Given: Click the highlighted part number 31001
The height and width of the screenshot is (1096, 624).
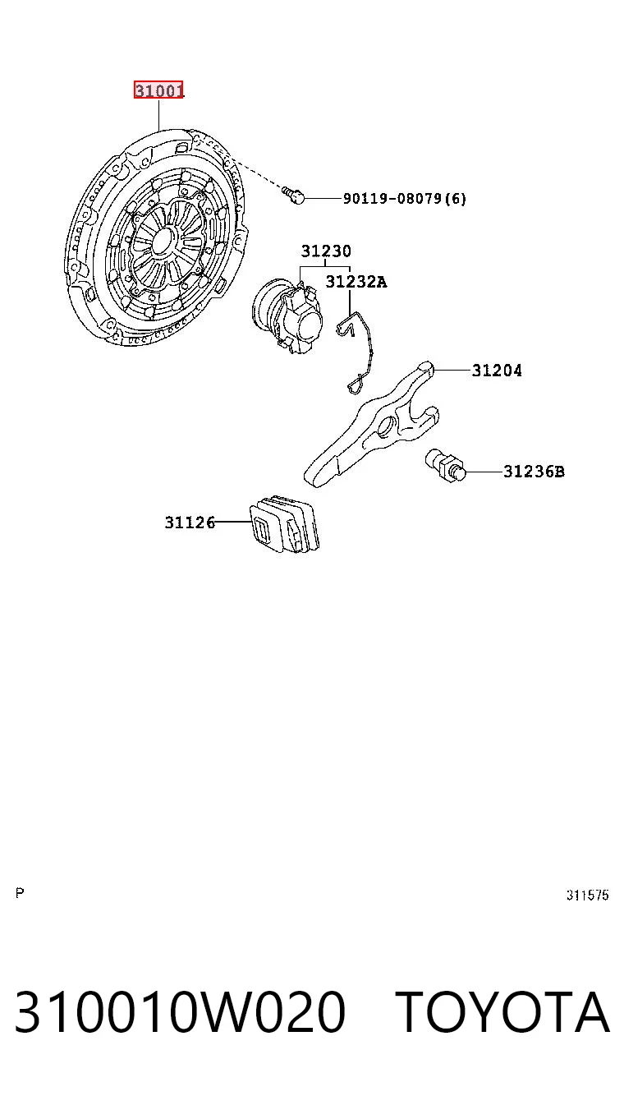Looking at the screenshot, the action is point(159,90).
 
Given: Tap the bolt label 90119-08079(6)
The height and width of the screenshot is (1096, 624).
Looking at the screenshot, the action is point(405,198).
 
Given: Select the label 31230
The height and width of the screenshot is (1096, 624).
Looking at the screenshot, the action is point(326,251).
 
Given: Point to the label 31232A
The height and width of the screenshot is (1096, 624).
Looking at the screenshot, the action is point(356,281).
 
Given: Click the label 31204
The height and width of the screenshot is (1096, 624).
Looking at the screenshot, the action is point(497,371).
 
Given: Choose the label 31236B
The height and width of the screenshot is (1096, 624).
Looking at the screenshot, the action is point(534,472).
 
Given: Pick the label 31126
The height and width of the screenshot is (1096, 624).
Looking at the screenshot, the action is point(190,522).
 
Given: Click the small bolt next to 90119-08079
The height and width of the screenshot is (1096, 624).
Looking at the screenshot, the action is point(293,195).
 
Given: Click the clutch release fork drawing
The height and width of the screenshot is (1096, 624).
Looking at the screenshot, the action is point(371,424).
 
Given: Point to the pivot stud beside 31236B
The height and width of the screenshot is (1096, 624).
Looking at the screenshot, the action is point(446,465).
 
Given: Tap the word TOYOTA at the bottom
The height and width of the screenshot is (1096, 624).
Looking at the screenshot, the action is point(502,1012).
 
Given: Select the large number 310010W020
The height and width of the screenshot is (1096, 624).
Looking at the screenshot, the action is point(180,1012).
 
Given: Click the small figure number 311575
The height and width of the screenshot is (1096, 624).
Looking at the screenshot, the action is point(587,895).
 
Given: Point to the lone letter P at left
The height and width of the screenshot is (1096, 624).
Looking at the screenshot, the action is point(20,893).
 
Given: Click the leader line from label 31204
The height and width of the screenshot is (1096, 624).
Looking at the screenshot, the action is point(452,371).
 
